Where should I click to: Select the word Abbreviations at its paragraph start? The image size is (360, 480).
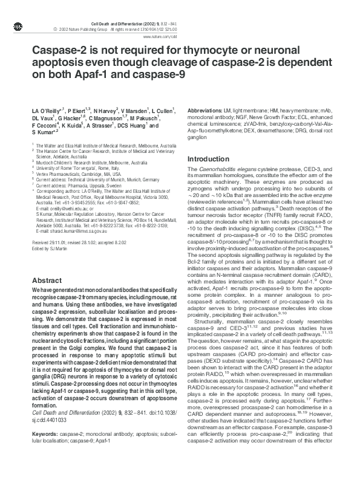[206, 112]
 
